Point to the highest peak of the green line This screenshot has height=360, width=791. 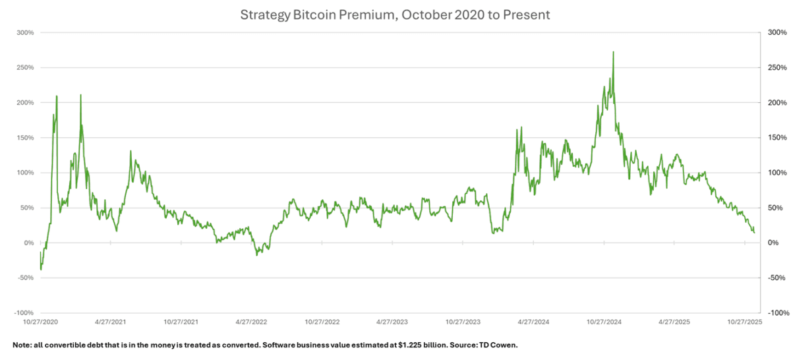pos(614,52)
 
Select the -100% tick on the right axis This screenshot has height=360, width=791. pos(776,313)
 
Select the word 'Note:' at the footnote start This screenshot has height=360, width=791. pos(22,345)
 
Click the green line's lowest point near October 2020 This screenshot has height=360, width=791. pos(41,269)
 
